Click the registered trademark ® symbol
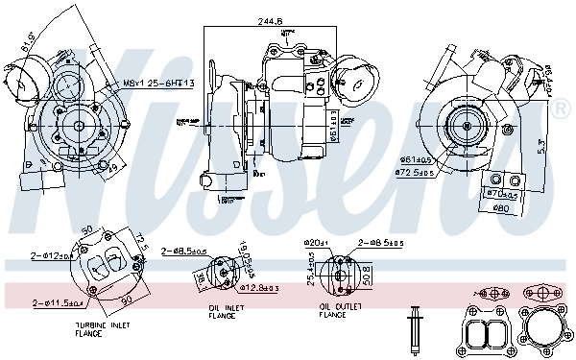[x=563, y=108]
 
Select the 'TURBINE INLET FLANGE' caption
[x=103, y=329]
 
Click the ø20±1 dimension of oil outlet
[x=318, y=244]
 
